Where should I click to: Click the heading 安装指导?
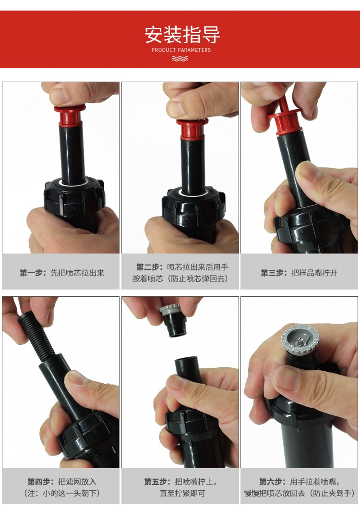182,35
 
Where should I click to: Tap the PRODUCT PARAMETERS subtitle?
181,50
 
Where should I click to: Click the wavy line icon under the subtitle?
180,59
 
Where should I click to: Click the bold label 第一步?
33,273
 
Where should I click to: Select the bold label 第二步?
149,267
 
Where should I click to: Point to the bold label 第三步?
274,273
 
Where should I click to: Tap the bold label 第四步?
41,482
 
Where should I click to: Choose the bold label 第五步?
157,482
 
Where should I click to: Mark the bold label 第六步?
273,482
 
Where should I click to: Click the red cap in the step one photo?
70,115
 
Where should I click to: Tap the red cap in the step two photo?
192,129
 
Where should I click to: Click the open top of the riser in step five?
186,360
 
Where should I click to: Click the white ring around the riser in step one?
73,183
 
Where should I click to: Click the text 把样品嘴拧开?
314,273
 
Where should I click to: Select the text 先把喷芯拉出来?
77,273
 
